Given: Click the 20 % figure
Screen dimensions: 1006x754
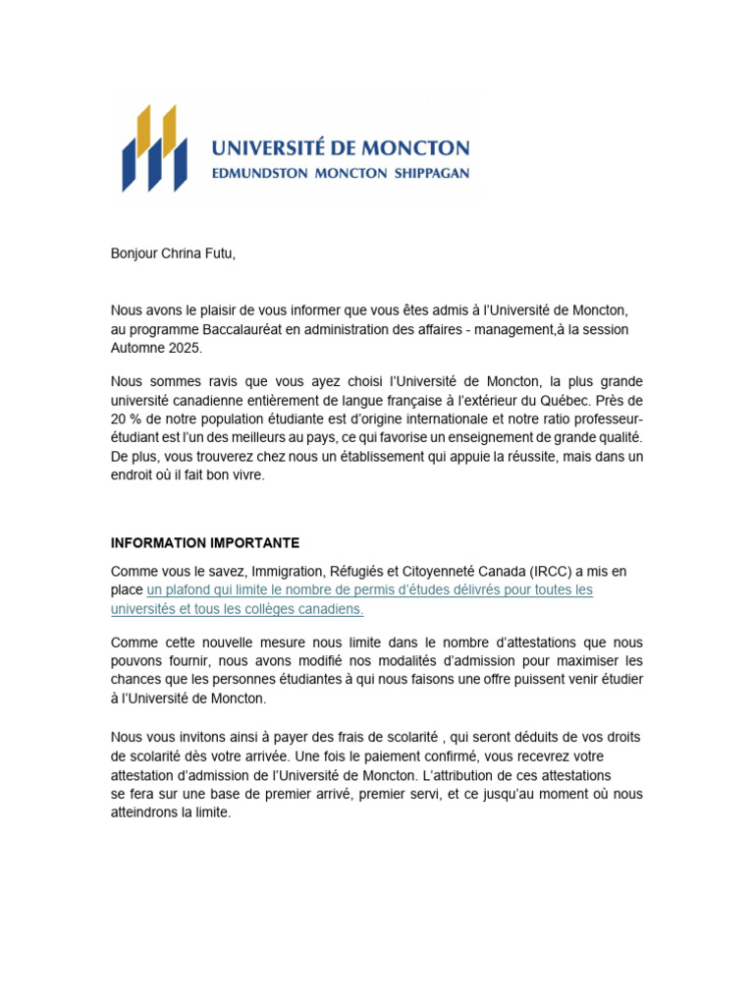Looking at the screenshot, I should (x=126, y=419).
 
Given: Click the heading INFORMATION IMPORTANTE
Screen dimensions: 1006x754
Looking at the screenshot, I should (x=205, y=543).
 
